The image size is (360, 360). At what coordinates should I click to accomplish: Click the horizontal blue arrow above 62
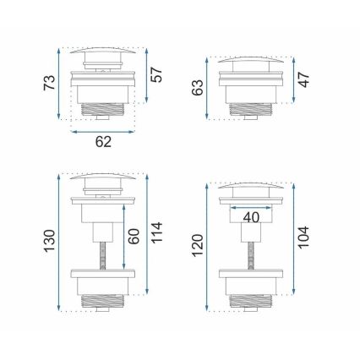[x=102, y=130]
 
